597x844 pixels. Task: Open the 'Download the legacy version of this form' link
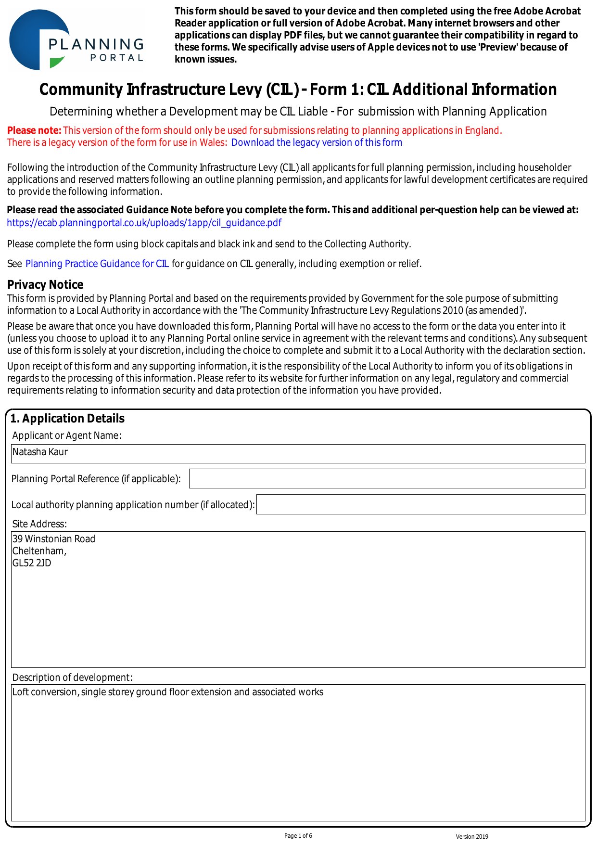point(317,142)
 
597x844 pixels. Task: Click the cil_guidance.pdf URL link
point(144,223)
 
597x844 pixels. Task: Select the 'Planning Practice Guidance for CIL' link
point(97,264)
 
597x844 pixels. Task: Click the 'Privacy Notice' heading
point(45,284)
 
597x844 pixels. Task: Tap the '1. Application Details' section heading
point(67,418)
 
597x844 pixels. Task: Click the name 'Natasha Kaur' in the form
point(40,452)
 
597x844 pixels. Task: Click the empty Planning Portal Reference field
point(387,479)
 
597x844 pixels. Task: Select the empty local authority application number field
point(420,504)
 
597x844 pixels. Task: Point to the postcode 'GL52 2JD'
point(32,563)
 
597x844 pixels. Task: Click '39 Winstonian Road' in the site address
point(54,539)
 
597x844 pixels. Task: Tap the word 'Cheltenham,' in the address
point(39,551)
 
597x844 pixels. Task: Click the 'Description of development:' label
point(72,678)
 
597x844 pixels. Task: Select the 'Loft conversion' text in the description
point(45,692)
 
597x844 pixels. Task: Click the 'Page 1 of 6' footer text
point(298,836)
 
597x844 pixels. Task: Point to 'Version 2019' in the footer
point(472,836)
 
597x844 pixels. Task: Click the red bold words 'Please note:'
point(34,130)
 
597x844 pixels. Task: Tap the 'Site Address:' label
point(39,524)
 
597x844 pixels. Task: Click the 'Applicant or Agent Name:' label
point(67,435)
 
